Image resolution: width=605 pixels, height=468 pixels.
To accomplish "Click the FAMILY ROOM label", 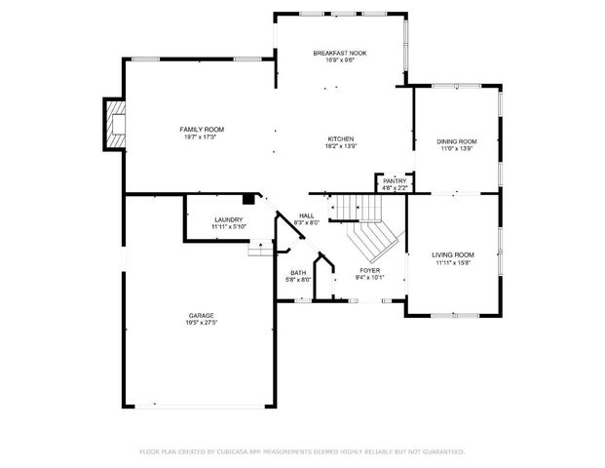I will click(202, 130).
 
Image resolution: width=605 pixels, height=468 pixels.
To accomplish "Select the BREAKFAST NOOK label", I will click(339, 53).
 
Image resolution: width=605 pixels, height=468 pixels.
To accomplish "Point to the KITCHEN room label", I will click(340, 139).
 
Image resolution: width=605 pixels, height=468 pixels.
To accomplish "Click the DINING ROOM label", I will click(456, 141).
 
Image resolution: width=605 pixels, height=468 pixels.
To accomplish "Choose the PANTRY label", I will click(394, 180).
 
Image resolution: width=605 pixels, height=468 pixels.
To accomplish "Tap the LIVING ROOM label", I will click(453, 254).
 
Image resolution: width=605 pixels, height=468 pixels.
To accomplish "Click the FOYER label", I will click(369, 270).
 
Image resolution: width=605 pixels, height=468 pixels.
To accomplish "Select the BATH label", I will click(298, 273).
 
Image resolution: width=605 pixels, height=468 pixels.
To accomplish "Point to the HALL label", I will click(307, 215).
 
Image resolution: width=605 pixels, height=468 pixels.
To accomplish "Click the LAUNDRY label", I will click(229, 219).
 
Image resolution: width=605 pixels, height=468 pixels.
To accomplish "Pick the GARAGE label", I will click(202, 315).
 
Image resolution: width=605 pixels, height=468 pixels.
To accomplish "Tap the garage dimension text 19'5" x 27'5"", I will click(202, 322).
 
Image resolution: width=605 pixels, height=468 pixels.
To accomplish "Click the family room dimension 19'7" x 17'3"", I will click(202, 136).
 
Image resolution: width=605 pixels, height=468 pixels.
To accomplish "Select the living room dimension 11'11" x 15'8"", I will click(453, 261).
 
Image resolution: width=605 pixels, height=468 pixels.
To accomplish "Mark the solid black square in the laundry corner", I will click(249, 199).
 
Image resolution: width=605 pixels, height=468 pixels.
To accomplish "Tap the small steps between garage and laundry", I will click(258, 251).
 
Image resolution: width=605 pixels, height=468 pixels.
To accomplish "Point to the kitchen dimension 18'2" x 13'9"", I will click(340, 146).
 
